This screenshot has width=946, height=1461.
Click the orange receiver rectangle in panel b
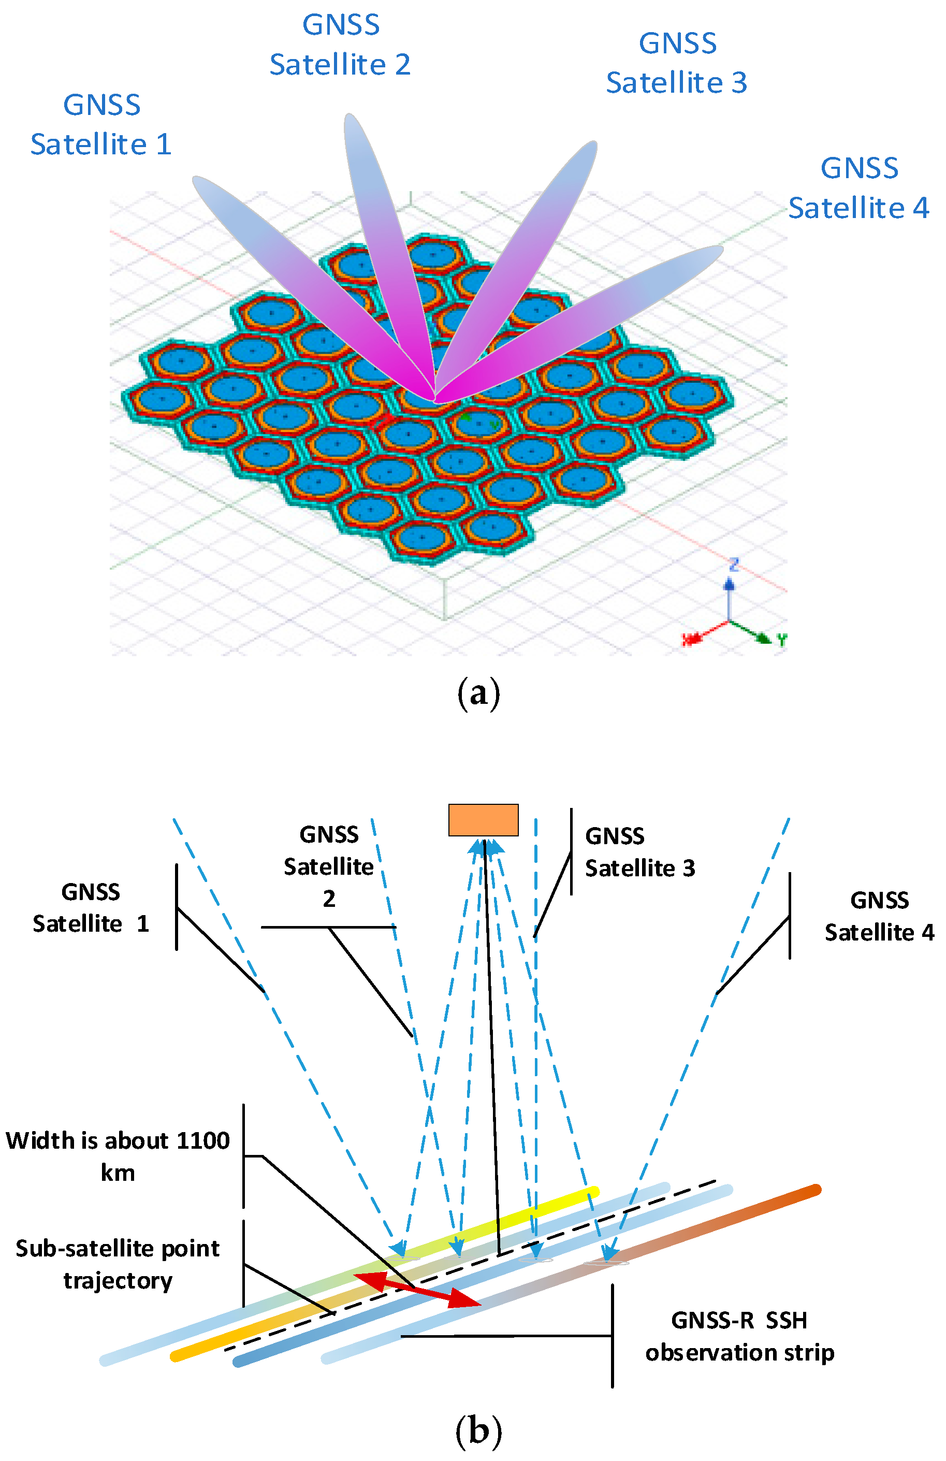click(x=483, y=819)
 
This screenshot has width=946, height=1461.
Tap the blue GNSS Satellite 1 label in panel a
click(x=101, y=125)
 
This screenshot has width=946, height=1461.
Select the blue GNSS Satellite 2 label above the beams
click(x=340, y=45)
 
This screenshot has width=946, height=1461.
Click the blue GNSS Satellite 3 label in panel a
click(x=677, y=63)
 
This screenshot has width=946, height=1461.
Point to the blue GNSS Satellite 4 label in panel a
click(x=859, y=188)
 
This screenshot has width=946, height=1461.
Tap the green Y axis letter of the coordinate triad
click(x=781, y=640)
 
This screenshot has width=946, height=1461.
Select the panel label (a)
click(x=479, y=693)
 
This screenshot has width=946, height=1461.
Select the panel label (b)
click(x=479, y=1430)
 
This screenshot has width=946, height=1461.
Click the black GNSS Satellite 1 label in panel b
click(x=91, y=907)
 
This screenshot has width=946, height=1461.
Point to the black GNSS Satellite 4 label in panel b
click(x=879, y=916)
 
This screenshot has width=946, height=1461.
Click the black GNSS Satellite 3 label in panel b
click(x=639, y=852)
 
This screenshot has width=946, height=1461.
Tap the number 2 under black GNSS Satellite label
click(x=329, y=899)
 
